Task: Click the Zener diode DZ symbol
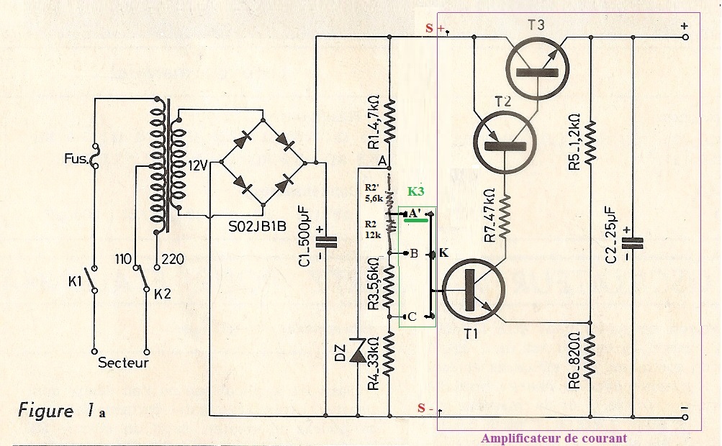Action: [x=358, y=352]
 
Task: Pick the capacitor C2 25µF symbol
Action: [x=632, y=242]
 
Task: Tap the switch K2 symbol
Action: [x=145, y=277]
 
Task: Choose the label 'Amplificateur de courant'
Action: [x=554, y=438]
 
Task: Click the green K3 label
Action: [x=417, y=192]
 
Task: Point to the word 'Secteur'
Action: [x=123, y=363]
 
